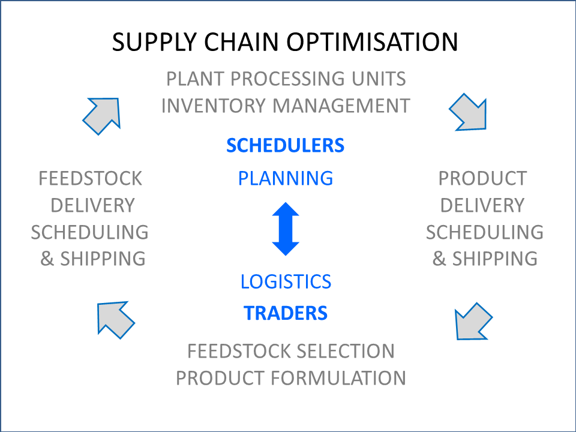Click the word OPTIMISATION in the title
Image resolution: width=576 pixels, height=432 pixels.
(x=372, y=41)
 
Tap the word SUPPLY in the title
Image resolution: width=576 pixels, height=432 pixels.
(x=154, y=42)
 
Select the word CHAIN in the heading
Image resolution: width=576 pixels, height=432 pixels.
(x=241, y=41)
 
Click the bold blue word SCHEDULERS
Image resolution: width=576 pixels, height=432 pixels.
(x=286, y=145)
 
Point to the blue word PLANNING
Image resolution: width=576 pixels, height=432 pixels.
(x=286, y=179)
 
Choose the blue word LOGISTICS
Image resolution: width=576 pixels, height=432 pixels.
(x=286, y=282)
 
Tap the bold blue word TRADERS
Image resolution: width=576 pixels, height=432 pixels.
(x=286, y=313)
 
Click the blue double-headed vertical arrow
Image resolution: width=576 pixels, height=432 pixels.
(x=286, y=229)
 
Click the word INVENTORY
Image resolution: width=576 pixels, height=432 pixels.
(x=213, y=106)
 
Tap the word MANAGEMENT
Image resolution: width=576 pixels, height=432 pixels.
(x=341, y=106)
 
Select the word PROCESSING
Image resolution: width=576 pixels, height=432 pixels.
(x=287, y=79)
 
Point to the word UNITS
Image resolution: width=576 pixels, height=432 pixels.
(x=379, y=79)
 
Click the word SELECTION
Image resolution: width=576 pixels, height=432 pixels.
(x=346, y=351)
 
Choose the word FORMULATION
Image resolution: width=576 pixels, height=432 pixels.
(x=338, y=378)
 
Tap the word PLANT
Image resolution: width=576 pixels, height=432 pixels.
(x=195, y=79)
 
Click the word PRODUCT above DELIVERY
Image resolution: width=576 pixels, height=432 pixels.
(x=482, y=179)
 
